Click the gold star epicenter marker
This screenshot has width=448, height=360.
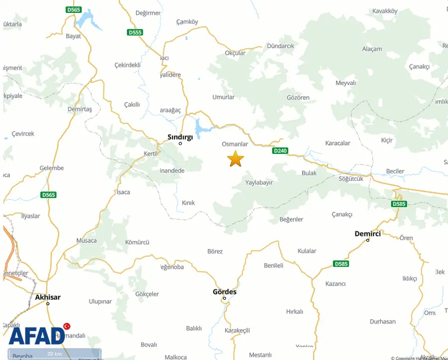[235, 159]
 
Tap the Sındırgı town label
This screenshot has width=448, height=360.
[180, 136]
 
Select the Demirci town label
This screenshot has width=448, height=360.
[367, 233]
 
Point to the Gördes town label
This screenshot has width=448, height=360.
[224, 292]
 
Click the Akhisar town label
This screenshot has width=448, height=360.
[48, 297]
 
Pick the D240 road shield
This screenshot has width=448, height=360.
[280, 150]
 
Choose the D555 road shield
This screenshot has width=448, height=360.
[135, 32]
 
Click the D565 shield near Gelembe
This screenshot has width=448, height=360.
[49, 195]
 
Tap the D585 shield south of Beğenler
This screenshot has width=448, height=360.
[341, 263]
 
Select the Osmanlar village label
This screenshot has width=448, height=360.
[235, 144]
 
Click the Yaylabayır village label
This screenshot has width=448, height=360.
[259, 183]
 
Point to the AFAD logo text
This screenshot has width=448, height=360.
[36, 336]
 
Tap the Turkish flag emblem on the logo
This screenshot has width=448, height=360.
[67, 326]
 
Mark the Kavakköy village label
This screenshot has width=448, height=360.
[385, 10]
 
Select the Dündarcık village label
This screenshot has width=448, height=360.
[281, 46]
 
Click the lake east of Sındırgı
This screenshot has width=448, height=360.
[202, 129]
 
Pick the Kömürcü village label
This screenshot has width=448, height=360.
[137, 242]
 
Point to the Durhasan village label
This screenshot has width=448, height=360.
[383, 322]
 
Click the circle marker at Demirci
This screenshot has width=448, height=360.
[368, 240]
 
